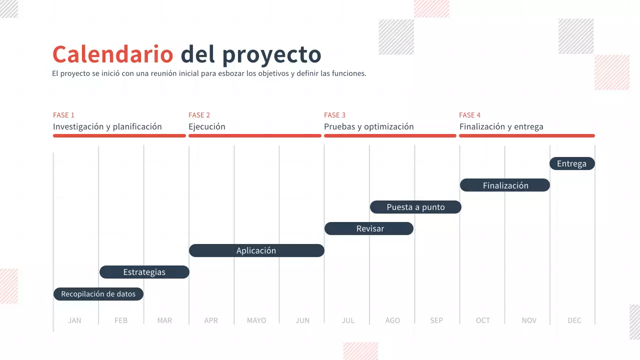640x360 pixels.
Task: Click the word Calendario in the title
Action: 112,54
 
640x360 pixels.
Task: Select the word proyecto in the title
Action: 271,55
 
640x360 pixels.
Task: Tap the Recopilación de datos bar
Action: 98,294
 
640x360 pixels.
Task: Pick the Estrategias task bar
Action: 144,272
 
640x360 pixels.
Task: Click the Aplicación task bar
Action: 256,250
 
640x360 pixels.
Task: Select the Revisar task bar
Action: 369,228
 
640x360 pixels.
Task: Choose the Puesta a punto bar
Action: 415,207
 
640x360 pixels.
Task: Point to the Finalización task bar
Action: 505,185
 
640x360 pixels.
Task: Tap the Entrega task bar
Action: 572,163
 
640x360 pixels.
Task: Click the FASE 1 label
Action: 64,115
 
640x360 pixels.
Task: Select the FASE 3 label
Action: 335,115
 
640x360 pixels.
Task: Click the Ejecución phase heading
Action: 207,126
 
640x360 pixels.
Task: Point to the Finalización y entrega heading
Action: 501,126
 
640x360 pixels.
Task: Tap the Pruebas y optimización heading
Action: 369,126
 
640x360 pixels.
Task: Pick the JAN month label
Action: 74,320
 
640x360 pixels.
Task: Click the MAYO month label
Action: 256,320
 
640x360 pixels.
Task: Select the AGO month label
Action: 392,320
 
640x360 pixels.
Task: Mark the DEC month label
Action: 574,320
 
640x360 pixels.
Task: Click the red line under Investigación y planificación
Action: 119,135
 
